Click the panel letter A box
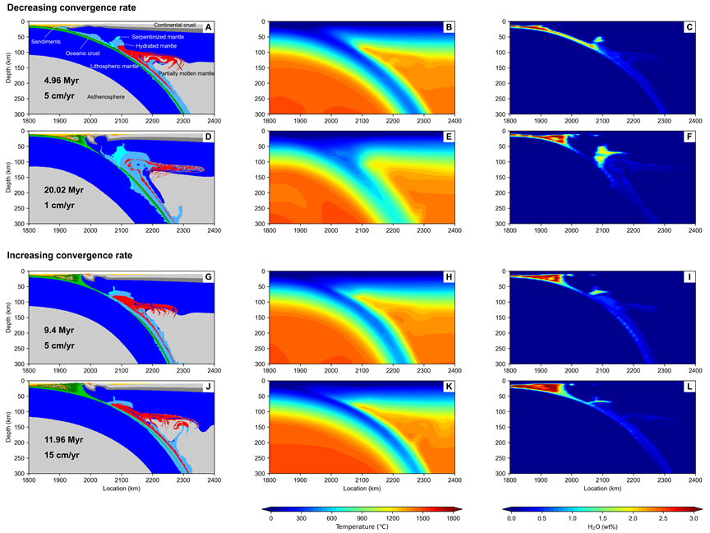click(209, 27)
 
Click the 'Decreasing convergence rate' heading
click(63, 7)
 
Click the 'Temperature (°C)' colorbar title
click(362, 526)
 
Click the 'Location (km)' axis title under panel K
click(362, 489)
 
